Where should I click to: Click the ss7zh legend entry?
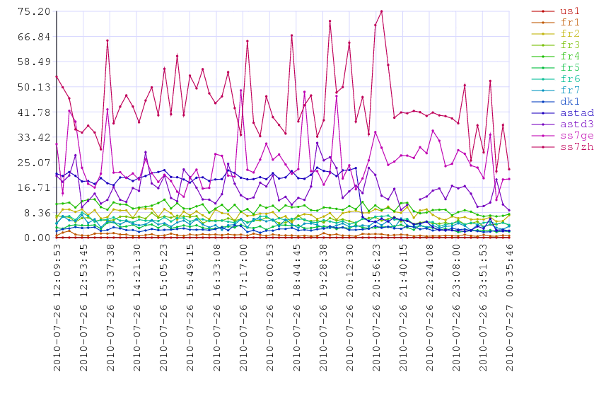tap(563, 146)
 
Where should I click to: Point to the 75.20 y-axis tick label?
tap(34, 11)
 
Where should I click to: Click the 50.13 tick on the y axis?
tap(34, 87)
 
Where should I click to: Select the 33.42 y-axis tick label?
tap(34, 137)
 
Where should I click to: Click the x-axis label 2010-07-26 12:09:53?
tap(57, 308)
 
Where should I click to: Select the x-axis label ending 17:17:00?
tap(243, 308)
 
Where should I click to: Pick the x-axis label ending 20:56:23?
tap(376, 308)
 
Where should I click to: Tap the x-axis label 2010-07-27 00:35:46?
tap(510, 308)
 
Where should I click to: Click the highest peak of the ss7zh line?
tap(381, 11)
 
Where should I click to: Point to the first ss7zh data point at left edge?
tap(57, 76)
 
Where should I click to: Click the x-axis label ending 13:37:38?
tap(110, 308)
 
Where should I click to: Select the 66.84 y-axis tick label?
tap(34, 37)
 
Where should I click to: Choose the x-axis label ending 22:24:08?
tap(430, 308)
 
